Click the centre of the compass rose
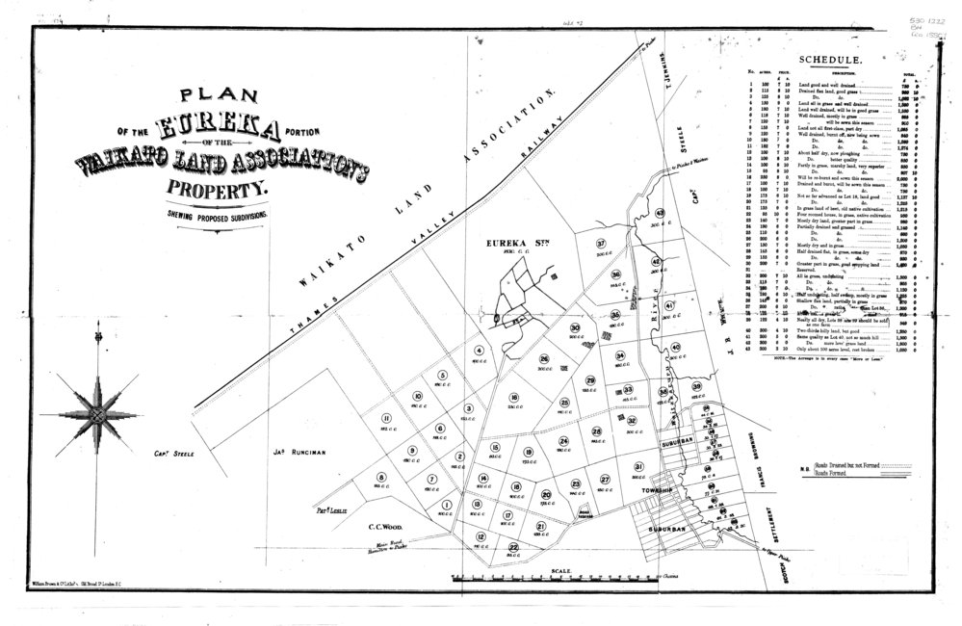(x=97, y=415)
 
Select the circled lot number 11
(x=385, y=417)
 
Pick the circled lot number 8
(x=380, y=478)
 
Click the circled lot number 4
(x=479, y=350)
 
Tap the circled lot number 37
(x=601, y=244)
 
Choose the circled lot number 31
(x=638, y=467)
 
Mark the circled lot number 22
(x=513, y=547)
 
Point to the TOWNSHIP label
(x=657, y=491)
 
